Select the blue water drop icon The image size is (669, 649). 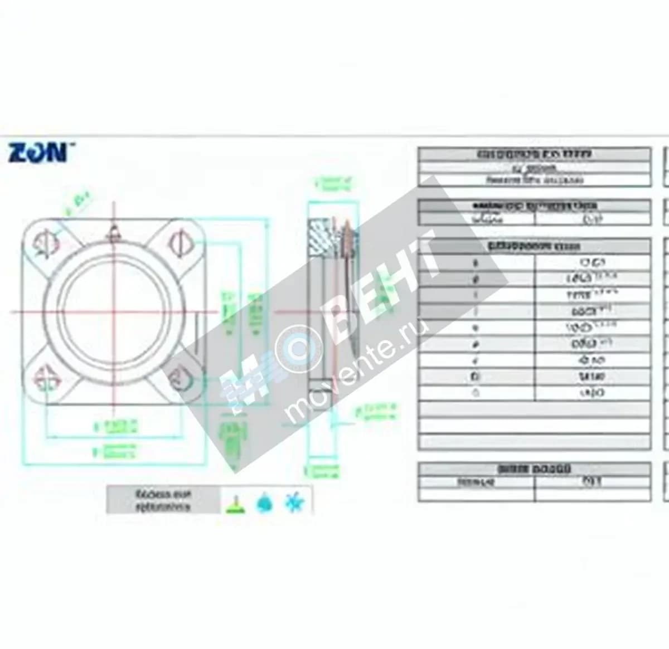(x=265, y=502)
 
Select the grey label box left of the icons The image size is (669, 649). (x=163, y=500)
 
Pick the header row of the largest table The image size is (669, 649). (x=534, y=246)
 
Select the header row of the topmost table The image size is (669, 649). (x=534, y=154)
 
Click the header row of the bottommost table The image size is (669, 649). (x=534, y=469)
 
